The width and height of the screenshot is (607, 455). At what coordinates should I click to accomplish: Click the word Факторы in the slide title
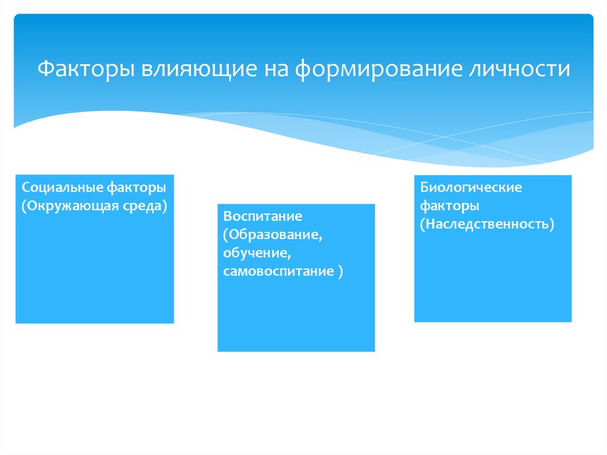coord(86,69)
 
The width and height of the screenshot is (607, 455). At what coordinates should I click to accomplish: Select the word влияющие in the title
coord(199,69)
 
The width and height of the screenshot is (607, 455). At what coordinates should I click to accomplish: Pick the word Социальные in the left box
coord(62,187)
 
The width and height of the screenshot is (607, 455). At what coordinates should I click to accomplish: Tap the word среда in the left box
coord(145,206)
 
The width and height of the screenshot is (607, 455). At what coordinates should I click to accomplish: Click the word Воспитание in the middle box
coord(263,217)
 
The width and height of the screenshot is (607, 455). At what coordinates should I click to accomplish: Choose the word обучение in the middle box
coord(257,253)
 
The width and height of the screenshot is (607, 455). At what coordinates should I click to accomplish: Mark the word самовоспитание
coord(279,271)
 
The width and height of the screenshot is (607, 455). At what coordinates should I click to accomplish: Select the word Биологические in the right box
coord(471,187)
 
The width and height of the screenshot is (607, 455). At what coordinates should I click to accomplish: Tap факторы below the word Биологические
coord(450,206)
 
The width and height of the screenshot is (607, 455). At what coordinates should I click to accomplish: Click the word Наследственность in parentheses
coord(487,224)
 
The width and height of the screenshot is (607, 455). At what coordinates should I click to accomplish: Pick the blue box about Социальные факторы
coord(95,249)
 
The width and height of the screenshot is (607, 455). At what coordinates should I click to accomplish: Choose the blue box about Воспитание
coord(296,278)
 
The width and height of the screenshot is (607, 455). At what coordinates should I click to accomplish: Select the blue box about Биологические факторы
coord(493,249)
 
